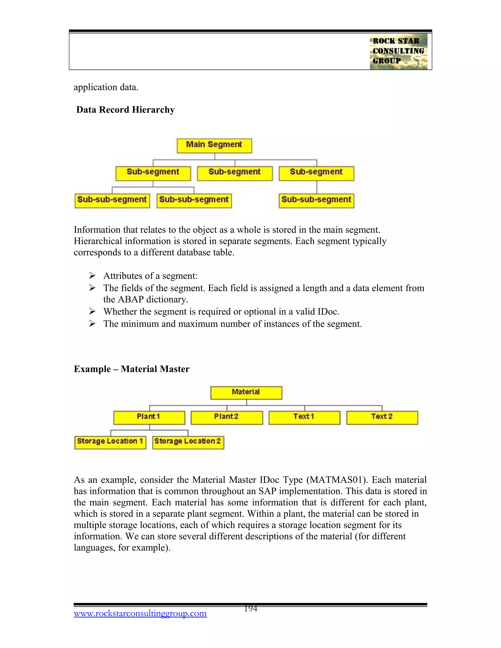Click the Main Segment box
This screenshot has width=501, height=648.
click(x=214, y=145)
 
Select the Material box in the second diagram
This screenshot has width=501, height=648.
click(x=246, y=392)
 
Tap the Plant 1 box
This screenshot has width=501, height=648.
click(x=149, y=417)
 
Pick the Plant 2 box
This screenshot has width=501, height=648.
click(x=227, y=417)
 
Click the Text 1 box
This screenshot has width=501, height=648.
click(x=304, y=417)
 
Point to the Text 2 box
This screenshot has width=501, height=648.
click(x=382, y=417)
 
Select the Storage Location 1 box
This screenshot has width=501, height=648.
click(x=110, y=442)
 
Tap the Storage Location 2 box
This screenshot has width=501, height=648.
click(x=188, y=442)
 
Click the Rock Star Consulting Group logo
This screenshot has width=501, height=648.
click(x=398, y=51)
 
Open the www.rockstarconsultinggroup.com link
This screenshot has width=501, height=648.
click(x=140, y=613)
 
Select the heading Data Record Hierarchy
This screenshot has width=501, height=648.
click(x=125, y=110)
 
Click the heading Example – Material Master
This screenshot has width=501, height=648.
click(x=131, y=369)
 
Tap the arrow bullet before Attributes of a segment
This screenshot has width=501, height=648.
click(x=92, y=276)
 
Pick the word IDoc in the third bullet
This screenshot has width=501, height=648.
click(x=327, y=312)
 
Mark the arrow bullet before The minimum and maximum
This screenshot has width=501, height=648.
click(x=92, y=324)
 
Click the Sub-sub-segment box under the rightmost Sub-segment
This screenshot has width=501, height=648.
click(x=316, y=200)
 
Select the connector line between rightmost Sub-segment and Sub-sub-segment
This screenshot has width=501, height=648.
click(x=317, y=187)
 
